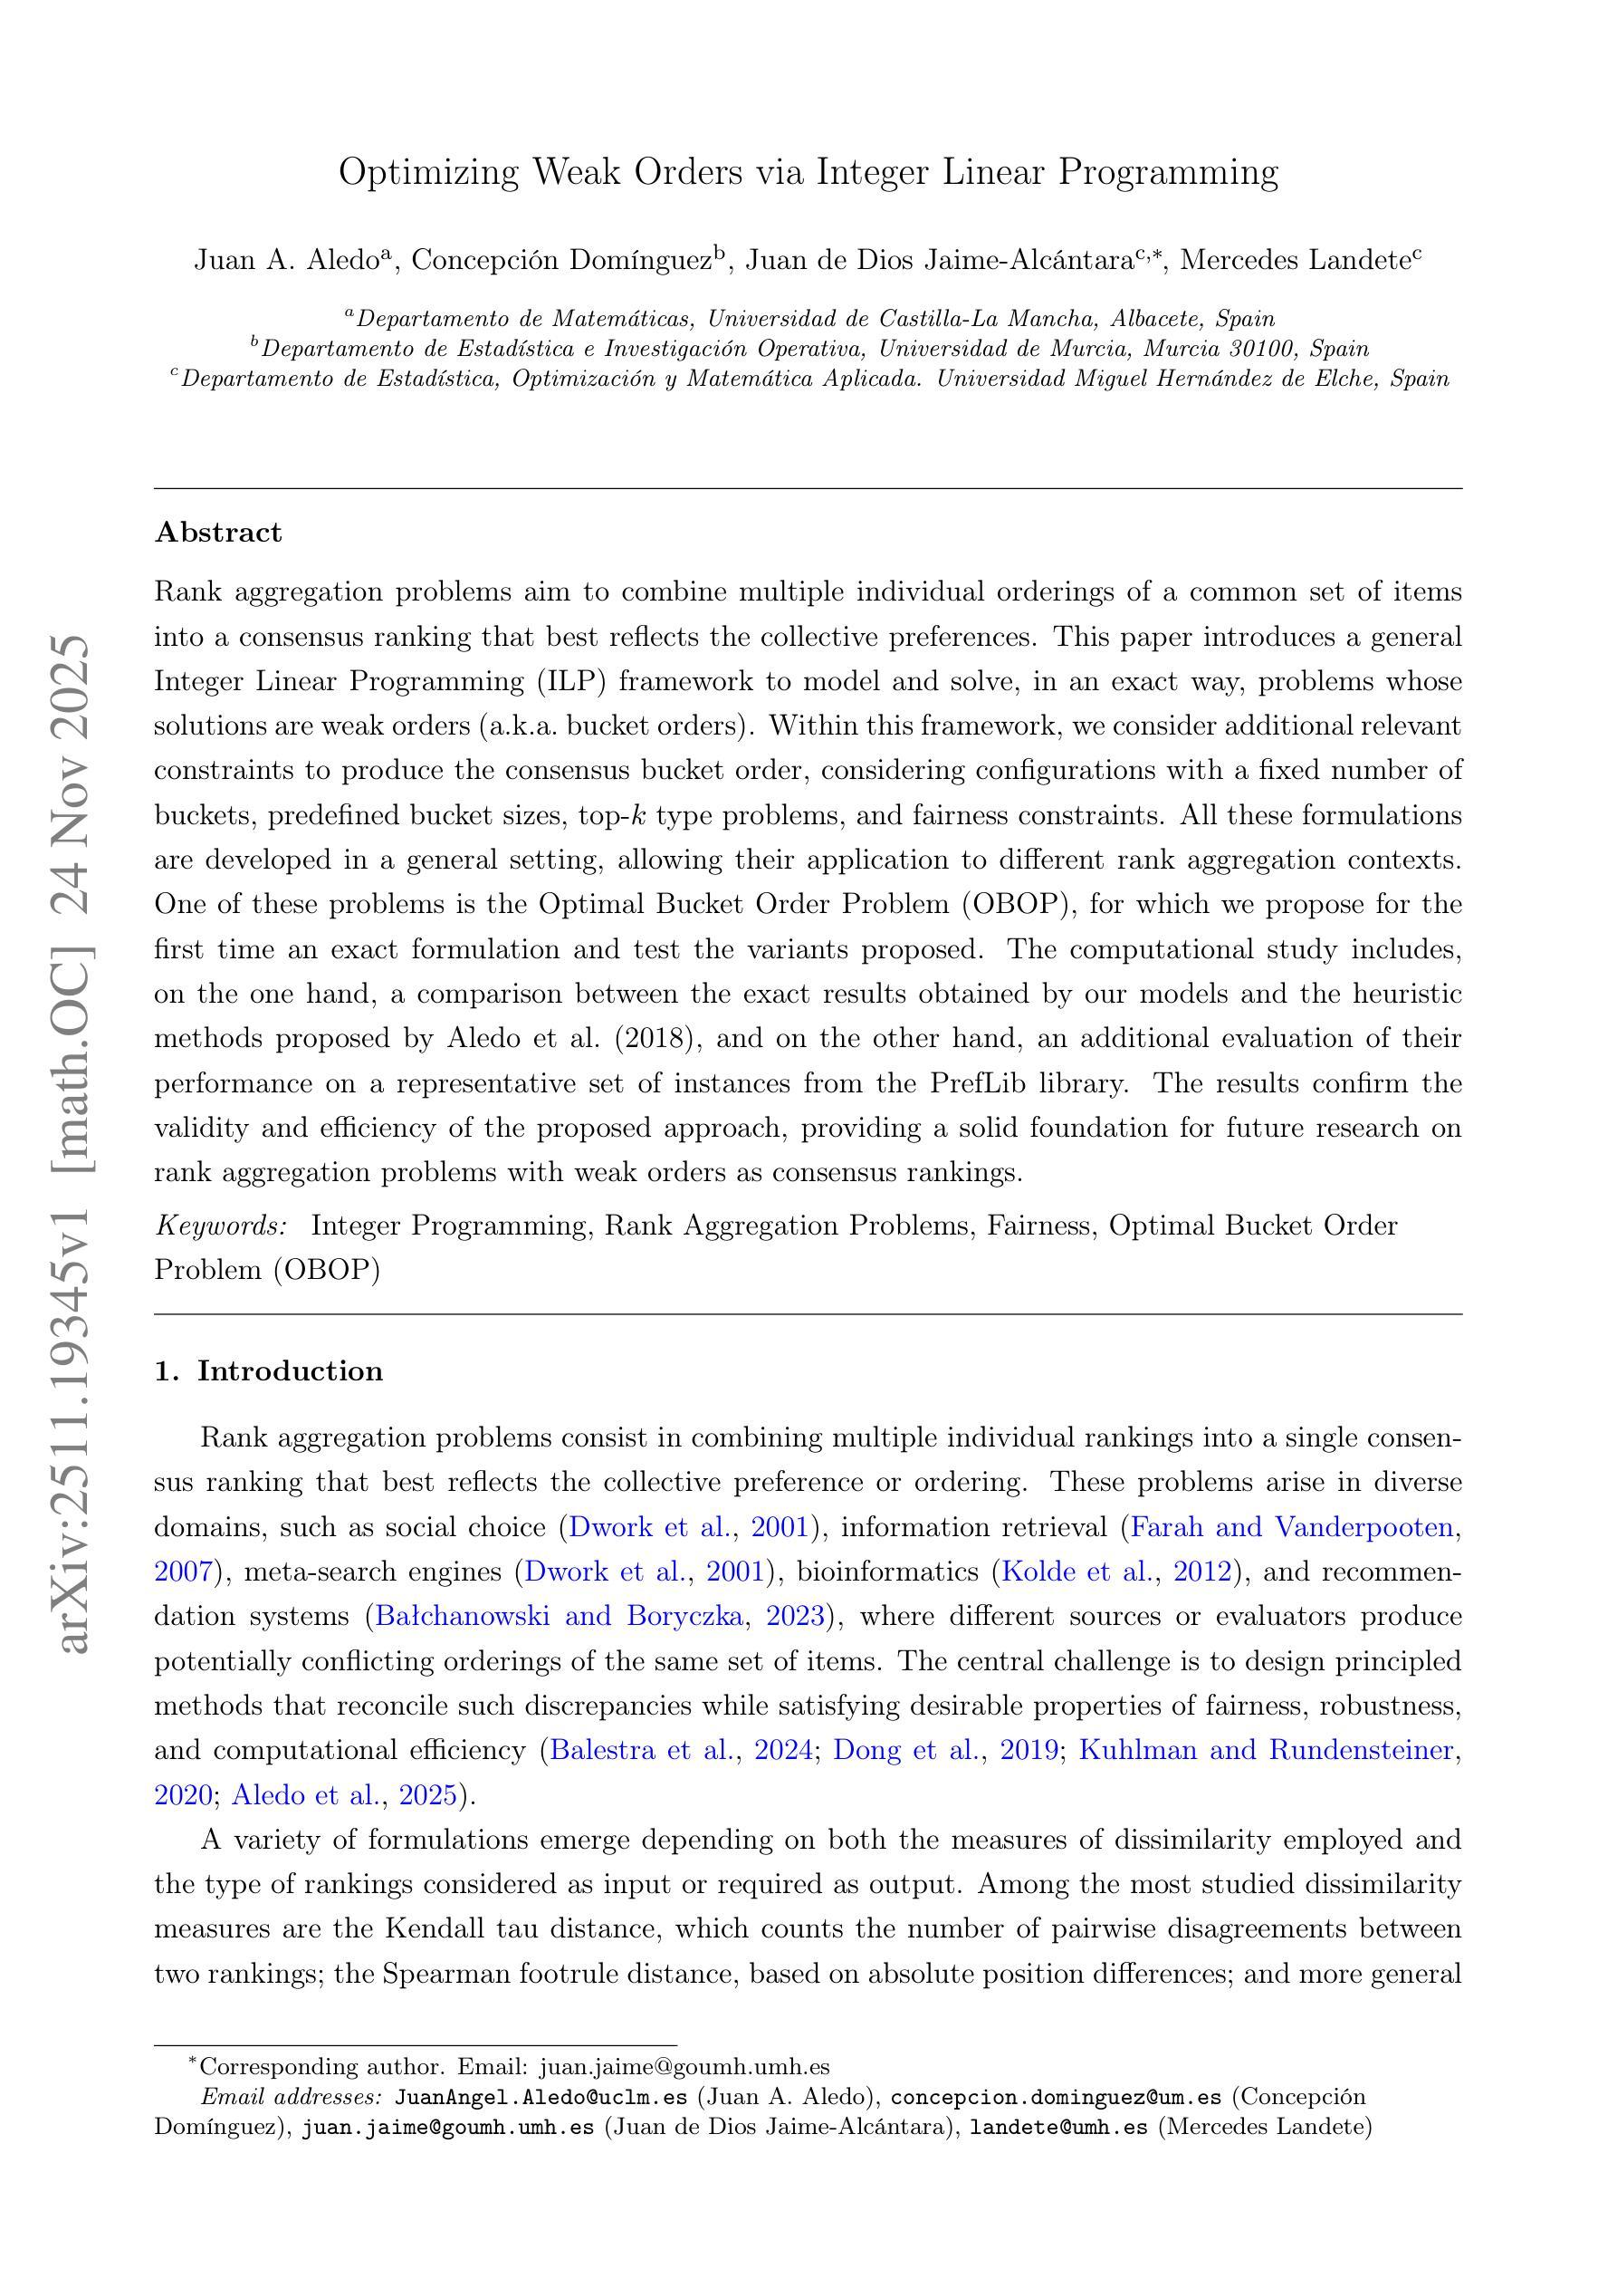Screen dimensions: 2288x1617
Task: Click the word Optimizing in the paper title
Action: pos(427,173)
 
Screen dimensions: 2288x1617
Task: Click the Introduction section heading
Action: pos(289,1371)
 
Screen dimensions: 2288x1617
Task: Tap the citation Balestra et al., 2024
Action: pos(682,1750)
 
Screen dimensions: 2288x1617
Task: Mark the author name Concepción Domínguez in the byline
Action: pos(563,261)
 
